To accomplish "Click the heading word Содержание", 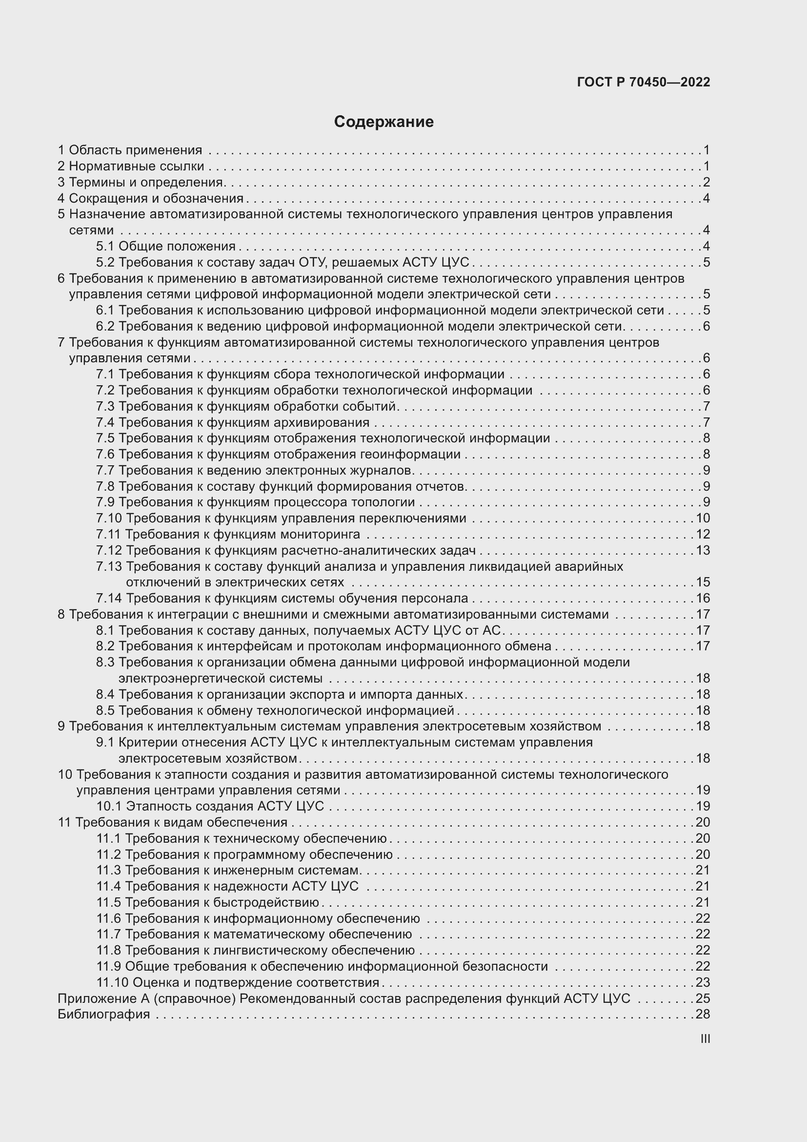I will [x=383, y=122].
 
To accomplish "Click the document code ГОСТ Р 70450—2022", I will [x=644, y=82].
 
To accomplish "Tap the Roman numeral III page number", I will [x=705, y=1038].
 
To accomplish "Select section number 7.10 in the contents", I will [x=109, y=519].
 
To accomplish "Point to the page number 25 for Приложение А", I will [x=703, y=998].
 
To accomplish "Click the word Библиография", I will [x=104, y=1014].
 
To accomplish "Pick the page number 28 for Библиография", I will [x=703, y=1014].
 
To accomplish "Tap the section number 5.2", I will [x=105, y=262].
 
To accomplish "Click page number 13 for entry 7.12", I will [x=703, y=550].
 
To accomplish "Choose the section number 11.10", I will [x=112, y=982].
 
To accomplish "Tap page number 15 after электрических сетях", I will [x=703, y=582].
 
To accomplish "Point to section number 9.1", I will [x=105, y=742].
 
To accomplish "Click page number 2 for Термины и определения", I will [x=706, y=182].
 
